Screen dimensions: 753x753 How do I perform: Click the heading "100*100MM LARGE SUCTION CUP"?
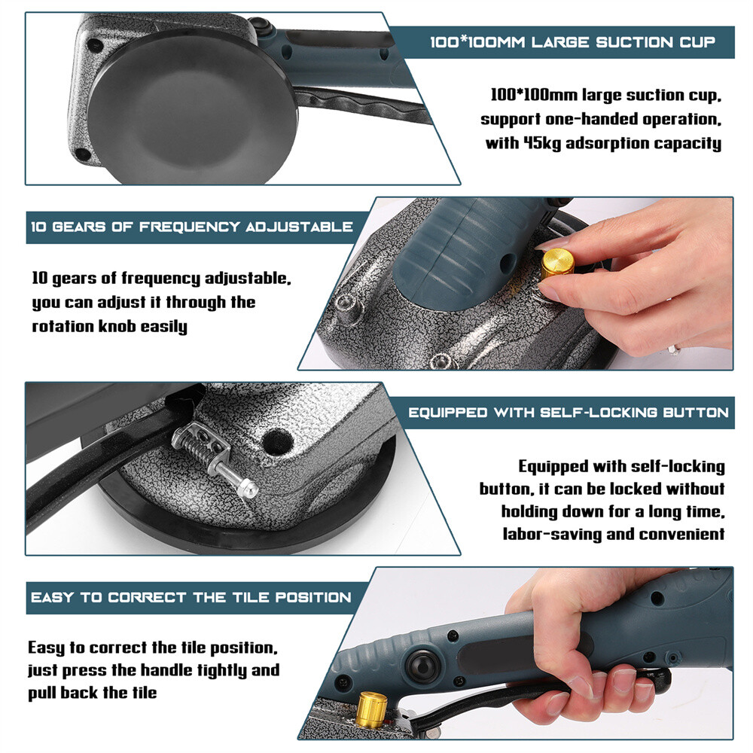[572, 41]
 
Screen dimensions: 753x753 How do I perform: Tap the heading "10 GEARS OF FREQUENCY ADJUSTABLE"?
[192, 226]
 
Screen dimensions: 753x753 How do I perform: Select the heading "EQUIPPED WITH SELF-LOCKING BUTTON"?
[569, 413]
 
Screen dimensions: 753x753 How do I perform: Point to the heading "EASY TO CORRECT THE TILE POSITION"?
[191, 597]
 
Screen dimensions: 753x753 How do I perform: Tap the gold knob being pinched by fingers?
[558, 263]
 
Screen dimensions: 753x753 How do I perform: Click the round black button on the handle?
[423, 666]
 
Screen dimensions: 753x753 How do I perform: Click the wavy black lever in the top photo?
[354, 103]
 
